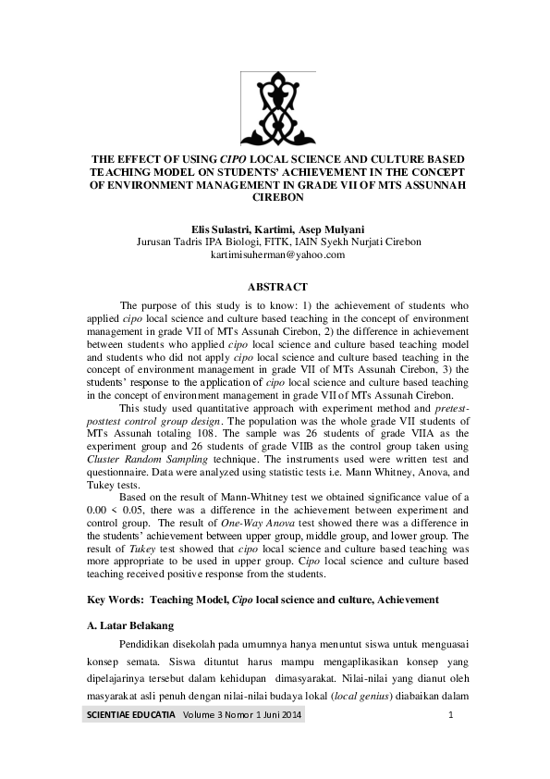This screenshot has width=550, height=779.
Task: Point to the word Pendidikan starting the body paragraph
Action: click(x=149, y=646)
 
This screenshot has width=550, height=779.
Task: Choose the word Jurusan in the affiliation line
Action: click(x=154, y=241)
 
